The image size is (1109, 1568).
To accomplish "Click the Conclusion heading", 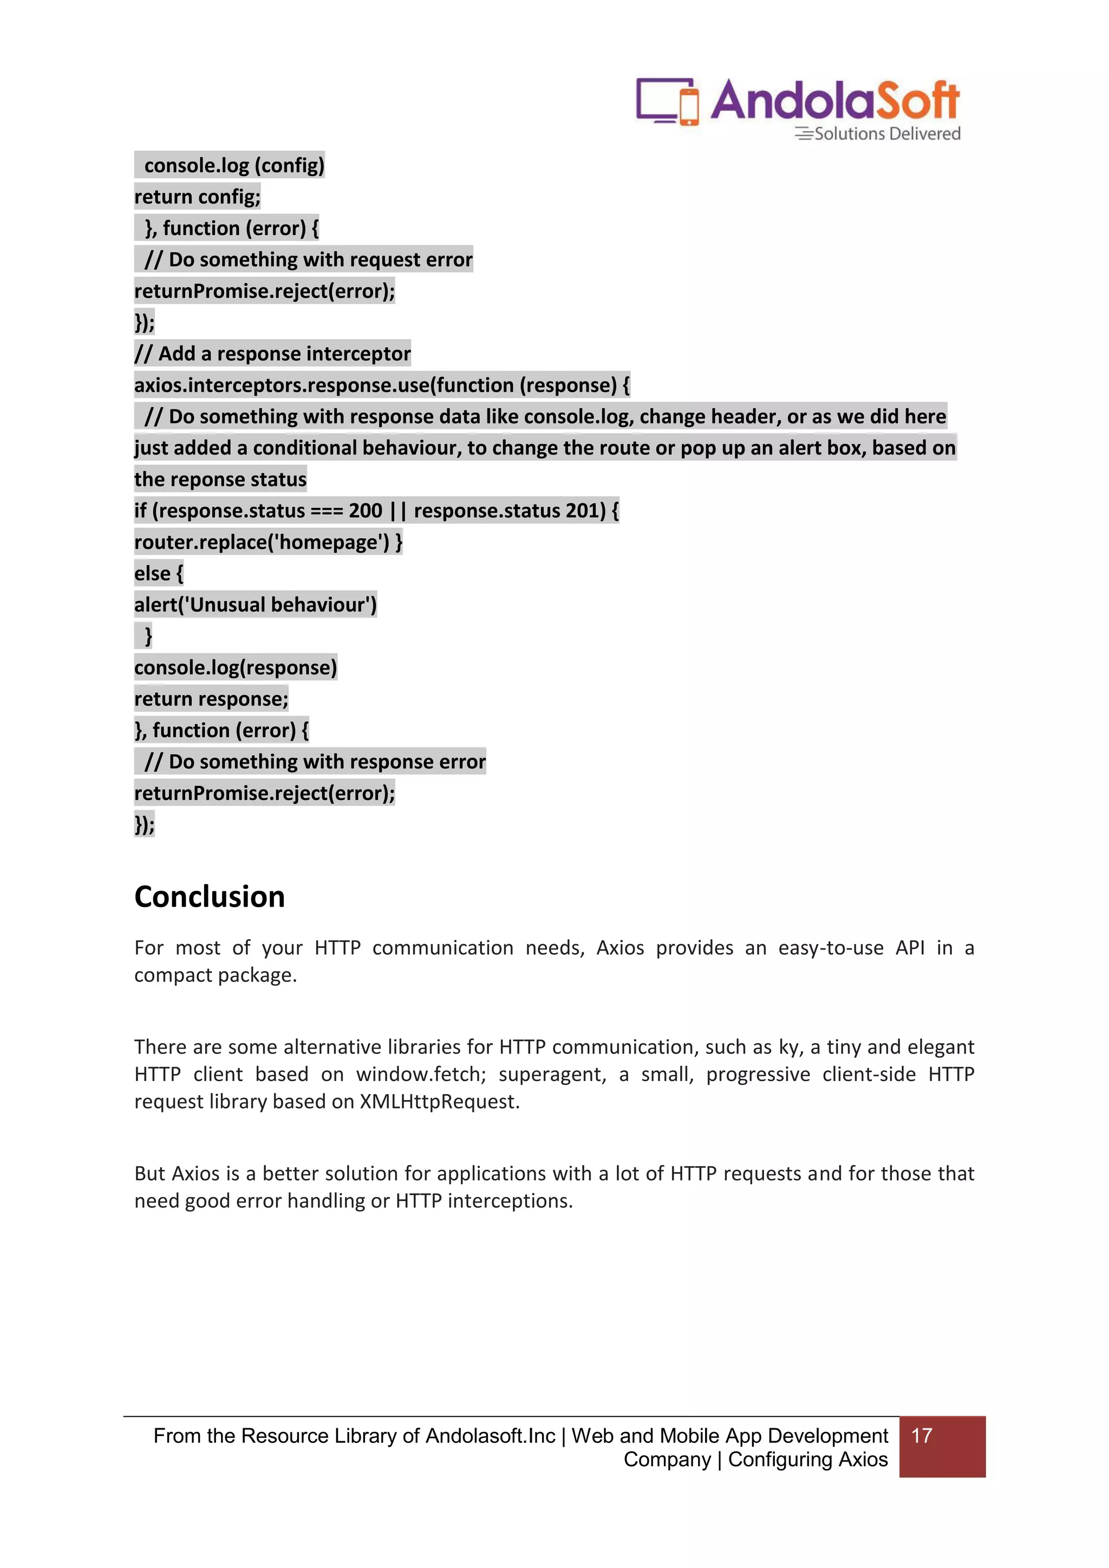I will pos(209,897).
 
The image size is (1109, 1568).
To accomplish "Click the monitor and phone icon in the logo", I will pos(667,101).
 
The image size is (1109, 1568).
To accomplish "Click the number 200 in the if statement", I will pos(366,511).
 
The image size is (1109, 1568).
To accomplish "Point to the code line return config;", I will pos(197,197).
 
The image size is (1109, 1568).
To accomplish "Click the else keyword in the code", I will pos(152,574).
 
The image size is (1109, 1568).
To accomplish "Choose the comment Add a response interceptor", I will pos(272,354).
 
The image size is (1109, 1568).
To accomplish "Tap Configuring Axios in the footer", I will pos(808,1460).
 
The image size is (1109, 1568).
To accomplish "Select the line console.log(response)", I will pos(236,668).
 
